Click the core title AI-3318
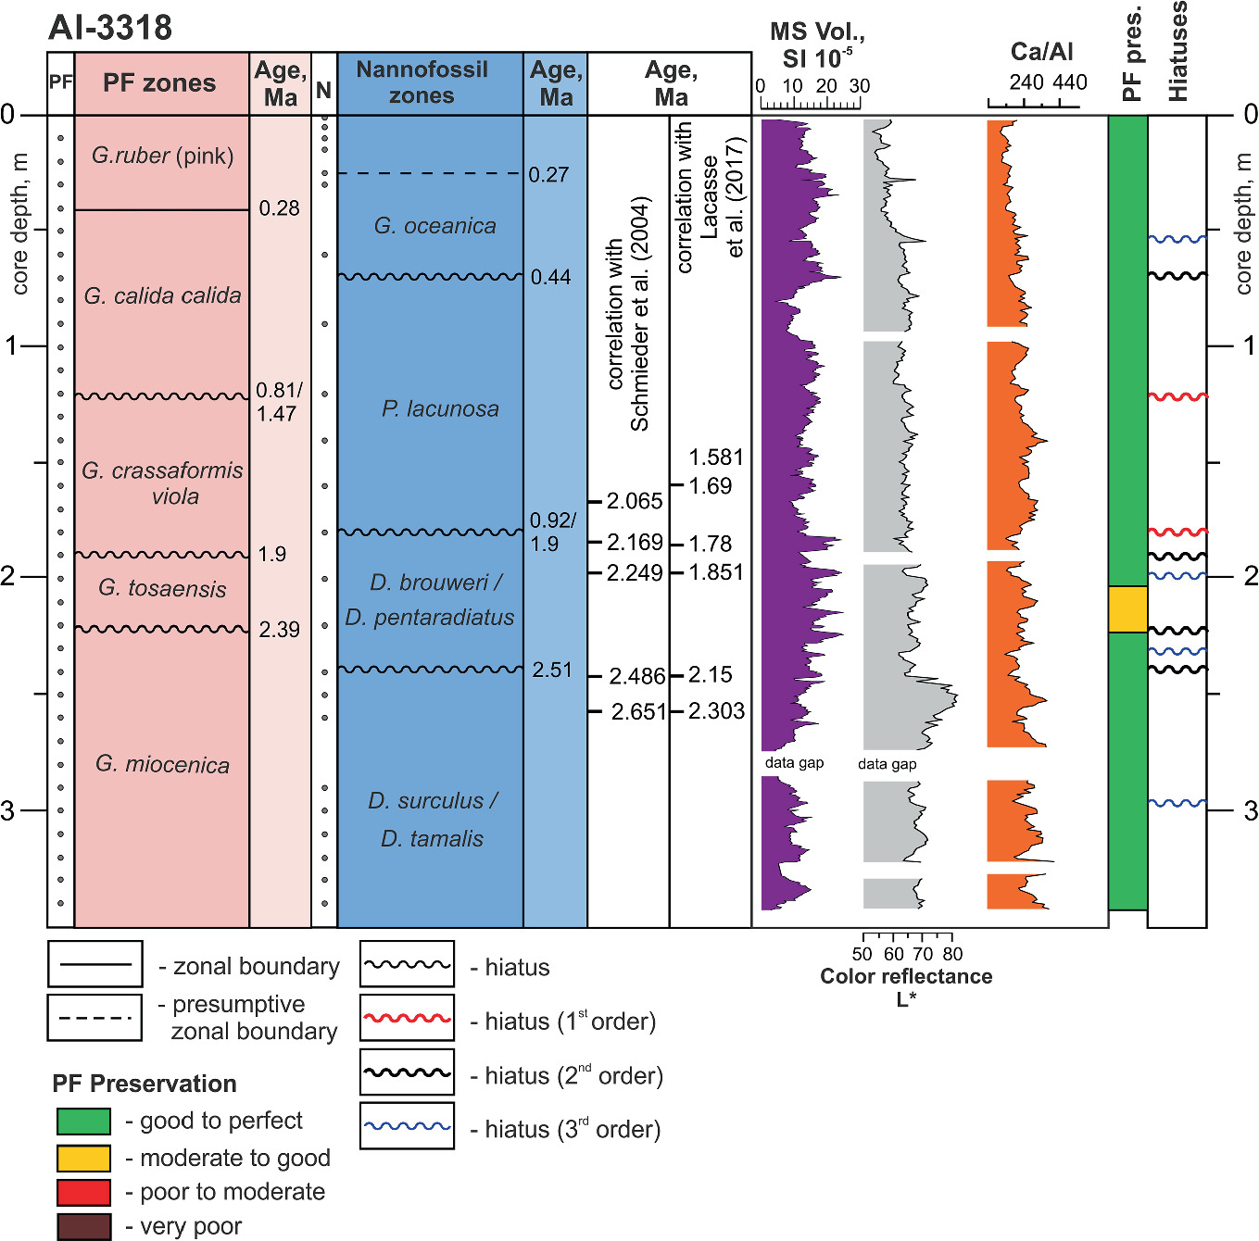(110, 28)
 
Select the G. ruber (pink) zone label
(162, 156)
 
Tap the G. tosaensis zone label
(162, 589)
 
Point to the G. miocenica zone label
(162, 765)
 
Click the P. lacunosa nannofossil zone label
(440, 409)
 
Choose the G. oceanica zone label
(434, 226)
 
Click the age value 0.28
(279, 208)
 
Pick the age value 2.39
(279, 630)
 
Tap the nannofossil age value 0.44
(550, 277)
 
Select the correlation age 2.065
(635, 502)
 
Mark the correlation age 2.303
(716, 711)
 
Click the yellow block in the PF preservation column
(1127, 609)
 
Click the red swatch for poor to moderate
(83, 1192)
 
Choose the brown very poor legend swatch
(83, 1226)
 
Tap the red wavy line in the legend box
(407, 1018)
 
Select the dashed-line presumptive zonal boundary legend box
(94, 1018)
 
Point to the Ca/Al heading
(1041, 52)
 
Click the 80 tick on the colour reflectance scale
(952, 954)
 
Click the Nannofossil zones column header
(422, 82)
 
